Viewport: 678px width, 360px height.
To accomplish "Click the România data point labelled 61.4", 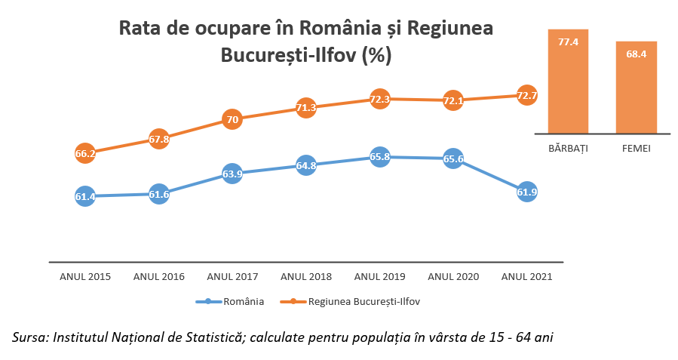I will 85,196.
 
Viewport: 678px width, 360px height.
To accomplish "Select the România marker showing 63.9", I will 232,174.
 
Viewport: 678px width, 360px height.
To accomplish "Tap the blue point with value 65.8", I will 380,157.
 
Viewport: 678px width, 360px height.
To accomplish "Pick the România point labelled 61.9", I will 527,192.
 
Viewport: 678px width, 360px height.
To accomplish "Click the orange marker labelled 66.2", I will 85,153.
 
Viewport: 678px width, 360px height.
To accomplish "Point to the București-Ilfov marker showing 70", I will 232,119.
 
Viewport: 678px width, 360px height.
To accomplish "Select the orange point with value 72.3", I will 380,99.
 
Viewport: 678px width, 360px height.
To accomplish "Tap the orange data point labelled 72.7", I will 527,95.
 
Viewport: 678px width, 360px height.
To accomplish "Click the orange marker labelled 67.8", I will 158,139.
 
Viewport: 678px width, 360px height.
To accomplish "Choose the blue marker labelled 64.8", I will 305,165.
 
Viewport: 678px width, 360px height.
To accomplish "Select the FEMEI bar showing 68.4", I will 637,88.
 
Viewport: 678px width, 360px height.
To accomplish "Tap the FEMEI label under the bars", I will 637,149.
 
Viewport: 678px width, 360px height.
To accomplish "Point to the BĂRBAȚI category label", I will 569,149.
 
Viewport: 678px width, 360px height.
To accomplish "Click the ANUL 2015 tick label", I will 85,277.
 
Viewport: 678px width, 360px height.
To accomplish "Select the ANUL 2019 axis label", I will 380,277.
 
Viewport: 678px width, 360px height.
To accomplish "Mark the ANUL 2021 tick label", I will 527,277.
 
